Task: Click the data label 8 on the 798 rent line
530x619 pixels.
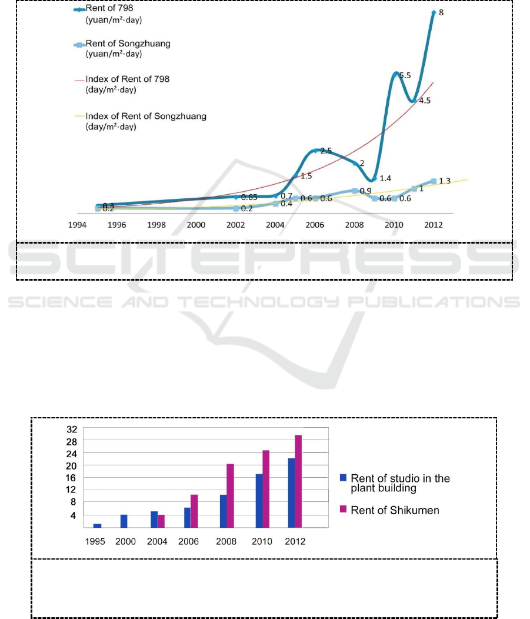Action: click(442, 12)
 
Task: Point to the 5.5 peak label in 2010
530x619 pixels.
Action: click(405, 76)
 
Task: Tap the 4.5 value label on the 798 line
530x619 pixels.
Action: click(424, 101)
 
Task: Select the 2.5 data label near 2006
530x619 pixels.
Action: click(326, 151)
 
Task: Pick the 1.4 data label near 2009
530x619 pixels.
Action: click(385, 178)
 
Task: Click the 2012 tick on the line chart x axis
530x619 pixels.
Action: click(434, 225)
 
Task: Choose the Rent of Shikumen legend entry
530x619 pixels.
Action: click(395, 510)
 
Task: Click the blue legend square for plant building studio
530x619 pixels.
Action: click(344, 479)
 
